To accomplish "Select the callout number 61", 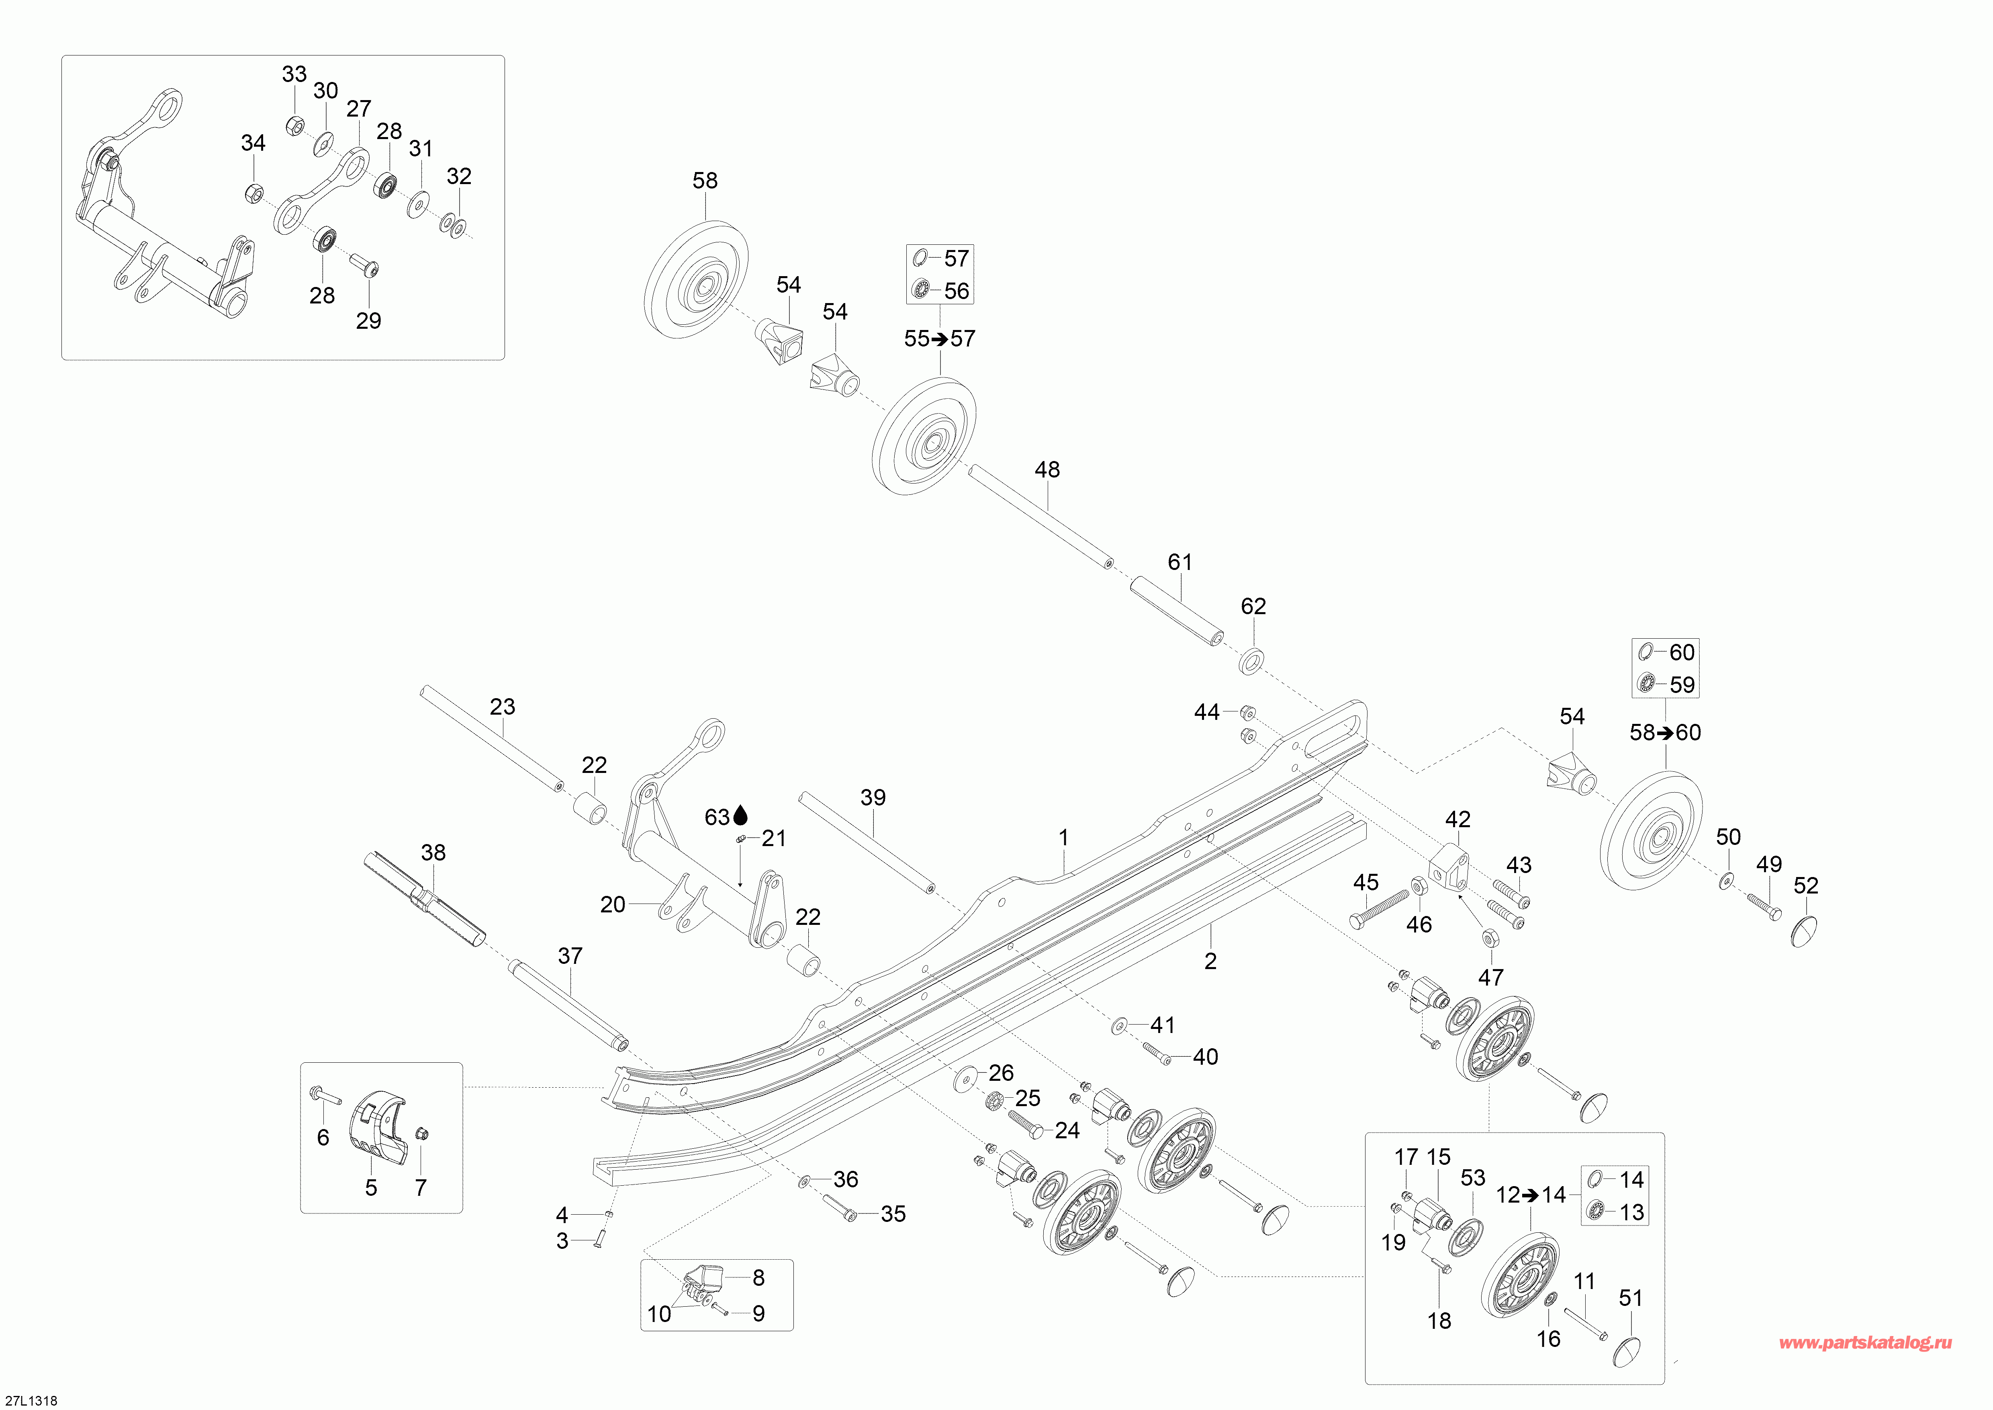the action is [x=1179, y=563].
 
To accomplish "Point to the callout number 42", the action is [x=1457, y=820].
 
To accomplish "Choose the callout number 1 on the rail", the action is [x=1063, y=838].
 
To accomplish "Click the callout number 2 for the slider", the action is [x=1210, y=961].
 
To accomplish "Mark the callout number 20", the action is [x=613, y=905].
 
